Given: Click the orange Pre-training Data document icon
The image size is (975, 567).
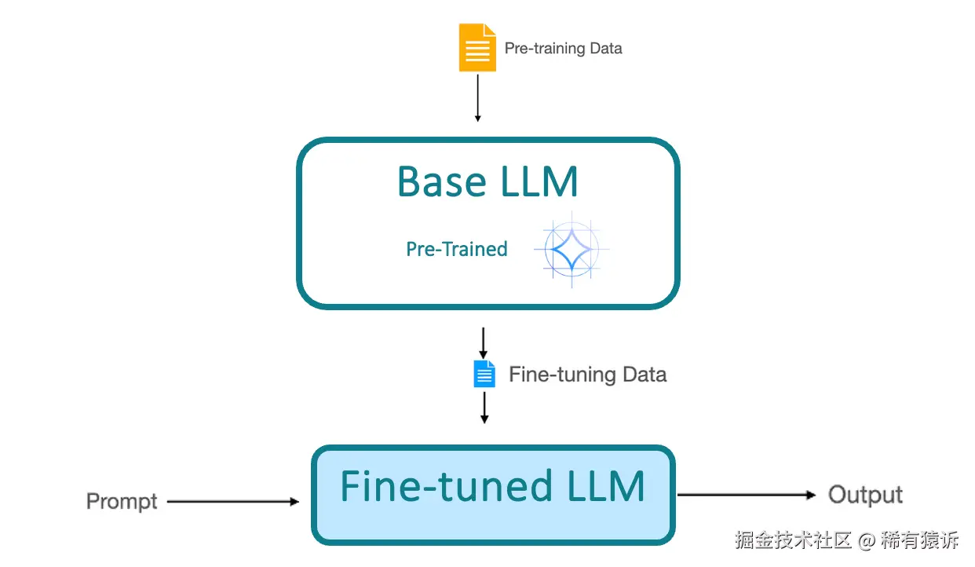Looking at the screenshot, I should tap(477, 48).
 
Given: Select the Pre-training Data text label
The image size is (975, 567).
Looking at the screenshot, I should tap(563, 49).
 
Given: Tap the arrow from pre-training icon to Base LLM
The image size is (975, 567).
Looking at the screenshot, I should tap(477, 97).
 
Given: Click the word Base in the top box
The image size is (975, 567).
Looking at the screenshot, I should tap(442, 181).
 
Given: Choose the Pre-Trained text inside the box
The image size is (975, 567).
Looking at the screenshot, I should tap(457, 250).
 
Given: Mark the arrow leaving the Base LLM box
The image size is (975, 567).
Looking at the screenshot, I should tap(484, 342).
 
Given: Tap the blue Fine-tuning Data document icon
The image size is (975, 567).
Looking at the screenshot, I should tap(484, 374).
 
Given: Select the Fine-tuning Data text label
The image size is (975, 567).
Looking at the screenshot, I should tap(587, 375).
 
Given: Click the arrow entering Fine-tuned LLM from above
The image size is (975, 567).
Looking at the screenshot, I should tap(484, 408).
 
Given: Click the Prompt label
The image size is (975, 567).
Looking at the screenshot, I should tap(122, 502).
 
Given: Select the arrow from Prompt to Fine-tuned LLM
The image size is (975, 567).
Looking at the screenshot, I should tap(233, 501).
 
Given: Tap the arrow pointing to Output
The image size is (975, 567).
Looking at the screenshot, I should tap(746, 495).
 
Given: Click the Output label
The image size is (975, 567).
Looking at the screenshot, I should tap(865, 495).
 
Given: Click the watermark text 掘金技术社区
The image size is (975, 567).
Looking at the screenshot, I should tap(794, 540).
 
